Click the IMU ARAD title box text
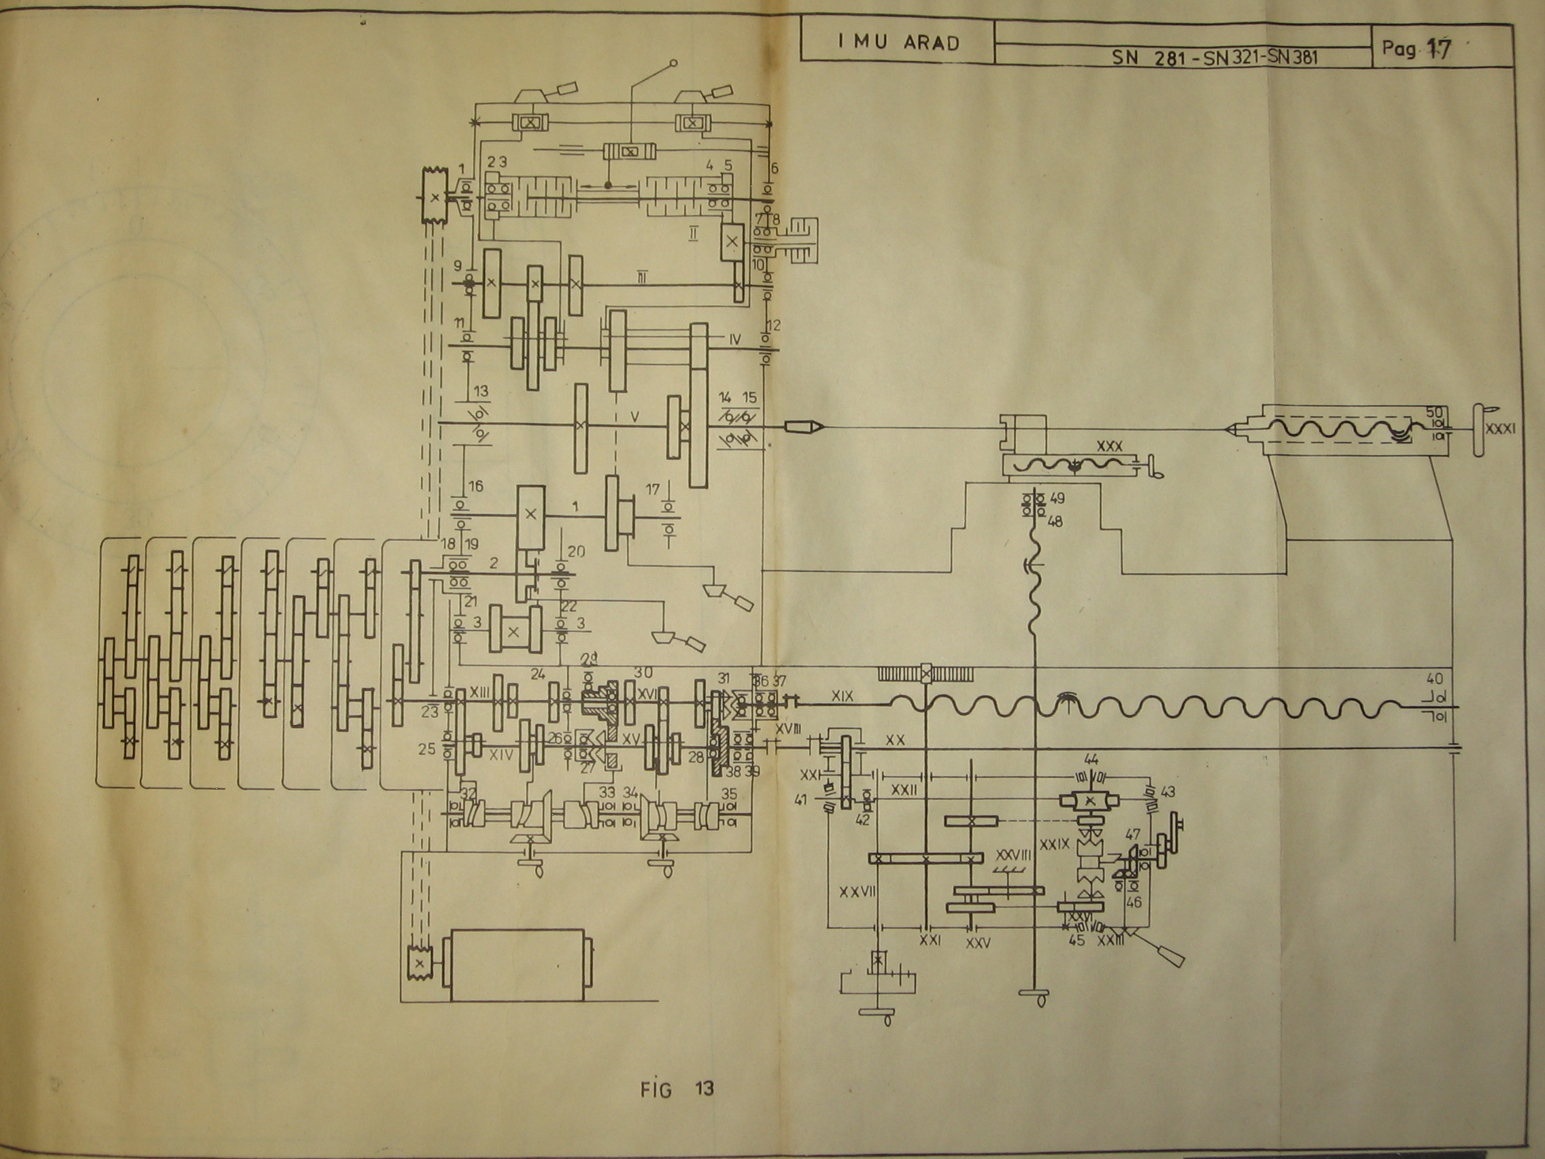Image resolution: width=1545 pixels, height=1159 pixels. point(898,42)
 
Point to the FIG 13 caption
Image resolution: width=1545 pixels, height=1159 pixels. point(677,1089)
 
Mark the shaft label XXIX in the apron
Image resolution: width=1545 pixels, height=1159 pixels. point(1054,845)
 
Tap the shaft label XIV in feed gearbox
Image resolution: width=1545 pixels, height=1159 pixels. point(500,754)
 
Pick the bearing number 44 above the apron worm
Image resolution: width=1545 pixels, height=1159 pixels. point(1091,759)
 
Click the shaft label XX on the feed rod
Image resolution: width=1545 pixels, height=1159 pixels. point(894,739)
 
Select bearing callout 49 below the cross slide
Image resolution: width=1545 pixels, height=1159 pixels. point(1057,499)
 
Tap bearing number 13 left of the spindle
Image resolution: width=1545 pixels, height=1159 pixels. point(481,391)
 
